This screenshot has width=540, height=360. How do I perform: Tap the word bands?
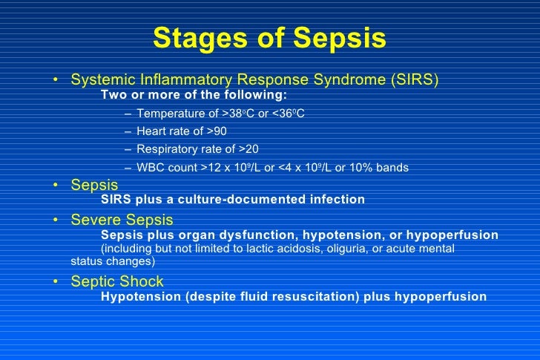tap(392, 167)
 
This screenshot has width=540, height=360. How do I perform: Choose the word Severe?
tap(94, 220)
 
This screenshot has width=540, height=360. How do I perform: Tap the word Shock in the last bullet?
tap(142, 281)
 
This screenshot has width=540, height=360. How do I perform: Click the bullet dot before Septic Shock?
tap(59, 282)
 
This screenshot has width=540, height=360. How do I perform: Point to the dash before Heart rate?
tap(129, 131)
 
